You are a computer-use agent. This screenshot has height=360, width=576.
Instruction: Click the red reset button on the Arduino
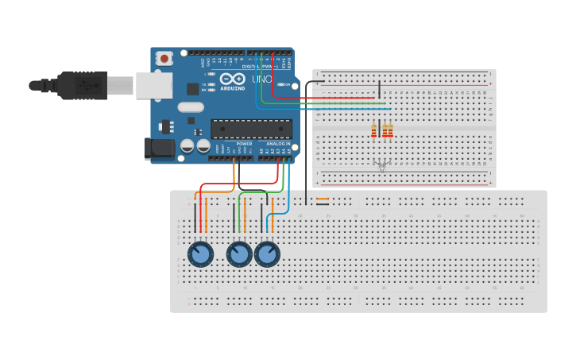click(164, 58)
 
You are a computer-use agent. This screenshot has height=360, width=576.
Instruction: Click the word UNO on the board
click(262, 79)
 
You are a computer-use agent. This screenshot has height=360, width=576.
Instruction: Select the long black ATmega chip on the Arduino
click(251, 128)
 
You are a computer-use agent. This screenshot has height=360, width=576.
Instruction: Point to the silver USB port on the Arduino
click(153, 85)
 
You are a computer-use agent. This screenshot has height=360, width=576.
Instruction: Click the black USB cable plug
click(83, 85)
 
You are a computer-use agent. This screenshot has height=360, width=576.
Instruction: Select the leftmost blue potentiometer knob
click(200, 254)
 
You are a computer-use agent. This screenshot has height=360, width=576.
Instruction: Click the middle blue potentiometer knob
click(239, 254)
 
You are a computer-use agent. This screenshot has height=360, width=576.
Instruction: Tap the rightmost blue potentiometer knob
click(267, 254)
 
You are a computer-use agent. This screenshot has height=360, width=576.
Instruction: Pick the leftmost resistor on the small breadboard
click(373, 130)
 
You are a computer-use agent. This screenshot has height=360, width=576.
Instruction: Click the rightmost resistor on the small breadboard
click(390, 130)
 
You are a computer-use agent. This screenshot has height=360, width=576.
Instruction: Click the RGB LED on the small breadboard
click(381, 165)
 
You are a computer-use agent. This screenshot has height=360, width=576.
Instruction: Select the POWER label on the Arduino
click(244, 144)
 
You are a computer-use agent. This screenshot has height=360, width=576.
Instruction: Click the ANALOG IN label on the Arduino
click(276, 144)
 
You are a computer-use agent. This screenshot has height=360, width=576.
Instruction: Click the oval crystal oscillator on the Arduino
click(191, 107)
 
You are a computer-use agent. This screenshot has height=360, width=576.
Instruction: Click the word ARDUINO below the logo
click(233, 89)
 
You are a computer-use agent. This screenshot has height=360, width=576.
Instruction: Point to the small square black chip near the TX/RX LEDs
click(193, 89)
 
